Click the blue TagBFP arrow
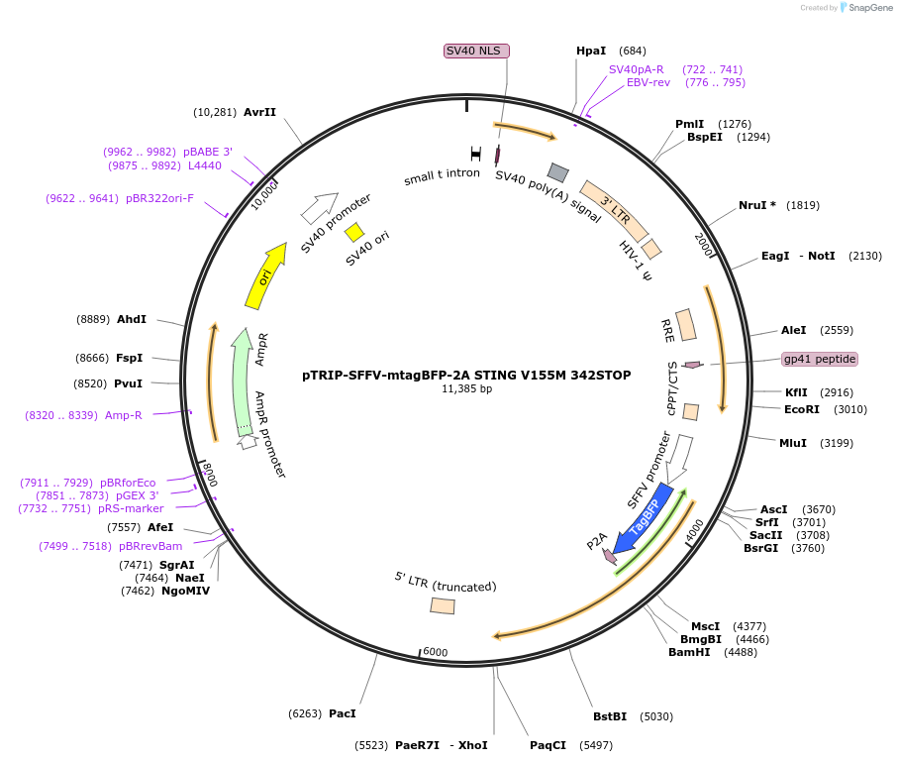click(644, 516)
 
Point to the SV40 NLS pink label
click(476, 51)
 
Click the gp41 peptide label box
click(820, 359)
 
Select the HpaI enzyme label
click(590, 51)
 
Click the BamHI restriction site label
click(689, 652)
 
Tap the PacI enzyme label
click(342, 713)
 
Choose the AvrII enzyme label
click(259, 112)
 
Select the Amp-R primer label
click(124, 415)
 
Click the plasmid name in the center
click(467, 376)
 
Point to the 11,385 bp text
click(467, 389)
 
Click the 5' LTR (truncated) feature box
click(443, 605)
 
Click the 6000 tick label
click(436, 652)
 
